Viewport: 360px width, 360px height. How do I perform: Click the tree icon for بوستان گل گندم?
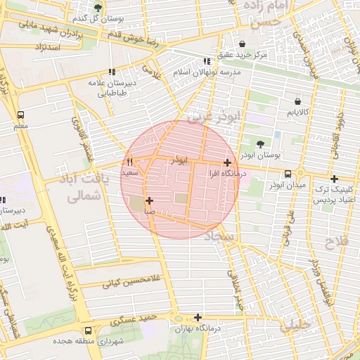coord(98,8)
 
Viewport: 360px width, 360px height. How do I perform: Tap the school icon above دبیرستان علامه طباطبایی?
coord(112,72)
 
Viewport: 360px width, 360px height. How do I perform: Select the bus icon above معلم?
coord(20,115)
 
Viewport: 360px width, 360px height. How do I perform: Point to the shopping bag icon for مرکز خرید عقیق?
coord(243,44)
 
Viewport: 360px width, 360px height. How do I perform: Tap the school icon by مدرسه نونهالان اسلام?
coord(206,61)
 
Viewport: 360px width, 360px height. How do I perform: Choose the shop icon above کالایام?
coord(296,101)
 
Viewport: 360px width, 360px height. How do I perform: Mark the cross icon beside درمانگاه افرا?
coord(226,162)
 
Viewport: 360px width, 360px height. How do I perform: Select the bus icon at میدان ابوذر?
coord(288,174)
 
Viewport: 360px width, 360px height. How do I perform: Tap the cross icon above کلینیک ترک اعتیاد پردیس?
coord(334,179)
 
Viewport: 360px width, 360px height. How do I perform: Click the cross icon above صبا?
coord(149,200)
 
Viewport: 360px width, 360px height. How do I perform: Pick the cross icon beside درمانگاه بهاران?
coord(198,317)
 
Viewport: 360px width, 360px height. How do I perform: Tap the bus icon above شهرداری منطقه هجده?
coord(88,330)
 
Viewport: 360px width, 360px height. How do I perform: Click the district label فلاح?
coord(333,243)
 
